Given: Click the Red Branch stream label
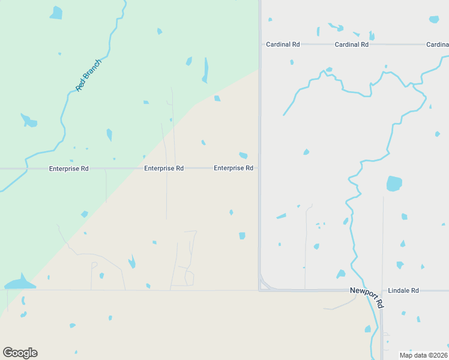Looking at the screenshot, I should [89, 75].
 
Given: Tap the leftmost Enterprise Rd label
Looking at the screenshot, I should [68, 169].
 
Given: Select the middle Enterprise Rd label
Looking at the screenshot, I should [163, 169].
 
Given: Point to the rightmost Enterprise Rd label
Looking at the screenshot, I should [233, 169].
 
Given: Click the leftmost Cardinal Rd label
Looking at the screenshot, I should [283, 44].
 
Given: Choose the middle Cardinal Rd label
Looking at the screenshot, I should [351, 44].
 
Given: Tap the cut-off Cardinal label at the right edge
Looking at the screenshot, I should [437, 44].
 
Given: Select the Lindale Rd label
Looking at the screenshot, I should [403, 290].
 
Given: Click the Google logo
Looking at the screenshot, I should [20, 353].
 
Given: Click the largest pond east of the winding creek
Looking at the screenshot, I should [394, 184].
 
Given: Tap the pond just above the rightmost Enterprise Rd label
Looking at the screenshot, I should [243, 155].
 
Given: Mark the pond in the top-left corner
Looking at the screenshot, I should [56, 13].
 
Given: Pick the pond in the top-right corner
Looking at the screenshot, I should [434, 19].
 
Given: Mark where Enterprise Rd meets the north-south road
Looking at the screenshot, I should [259, 169].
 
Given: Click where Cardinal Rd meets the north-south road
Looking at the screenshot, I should [260, 44].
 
